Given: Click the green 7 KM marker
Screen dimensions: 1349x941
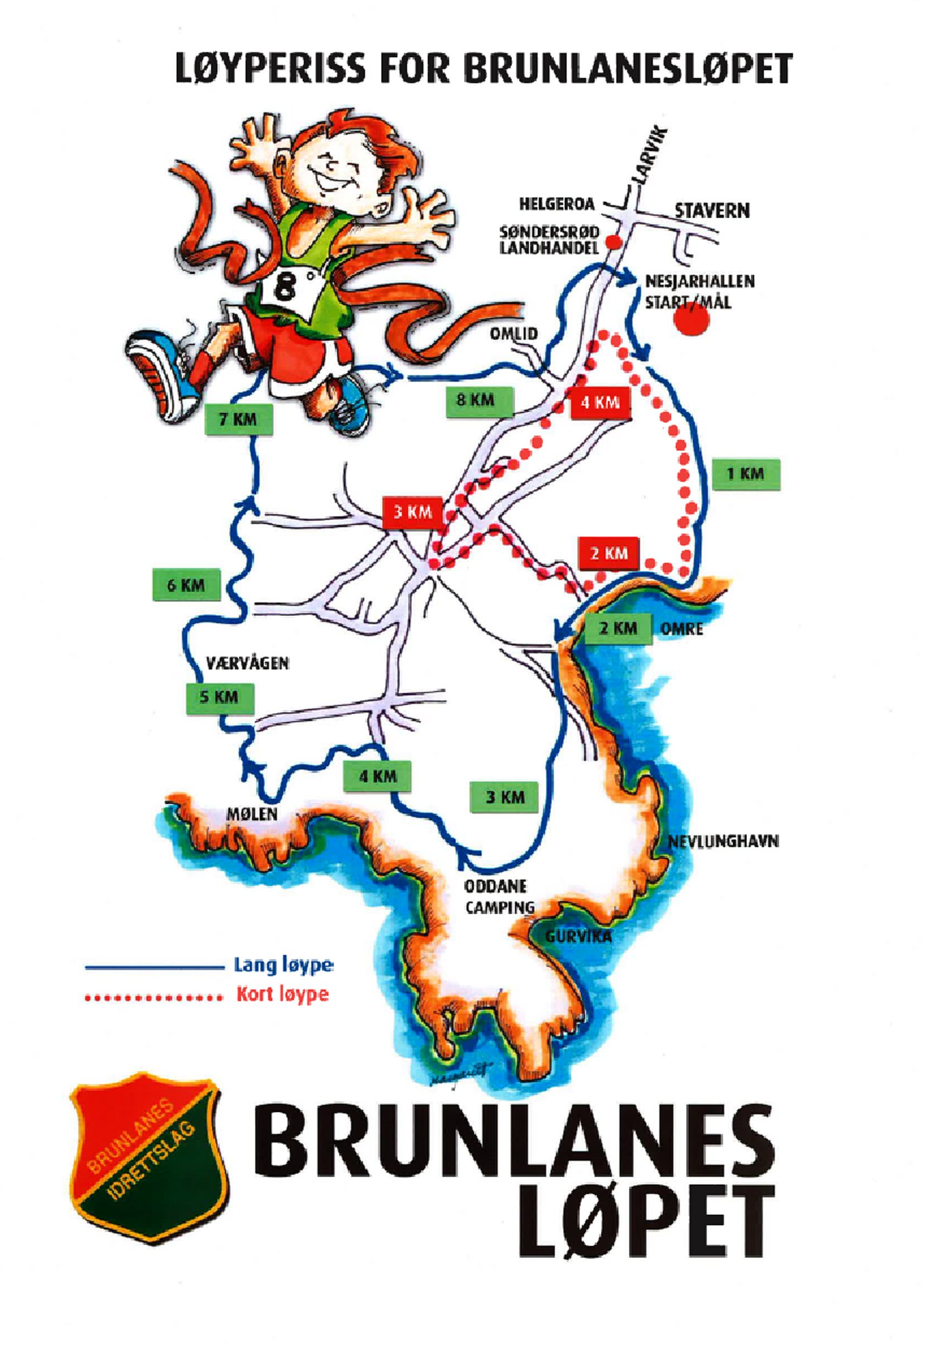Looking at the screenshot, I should click(x=238, y=420).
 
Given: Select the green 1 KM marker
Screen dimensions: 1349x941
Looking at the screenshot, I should click(x=745, y=474).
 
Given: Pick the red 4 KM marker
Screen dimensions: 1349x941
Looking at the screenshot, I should click(x=600, y=402).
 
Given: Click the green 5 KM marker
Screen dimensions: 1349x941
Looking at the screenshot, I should click(x=219, y=698).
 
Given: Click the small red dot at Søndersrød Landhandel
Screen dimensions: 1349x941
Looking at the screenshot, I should click(x=613, y=241).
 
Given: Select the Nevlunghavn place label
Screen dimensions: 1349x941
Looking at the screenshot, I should click(x=723, y=842).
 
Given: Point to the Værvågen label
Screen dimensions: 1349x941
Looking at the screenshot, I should click(x=247, y=663).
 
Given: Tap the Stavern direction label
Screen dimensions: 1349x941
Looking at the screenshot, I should click(x=712, y=210).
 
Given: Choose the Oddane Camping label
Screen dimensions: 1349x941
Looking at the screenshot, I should click(x=499, y=896).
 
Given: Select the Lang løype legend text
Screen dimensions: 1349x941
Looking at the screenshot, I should click(x=283, y=965).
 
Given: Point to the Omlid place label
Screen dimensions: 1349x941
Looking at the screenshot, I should click(x=514, y=333).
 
